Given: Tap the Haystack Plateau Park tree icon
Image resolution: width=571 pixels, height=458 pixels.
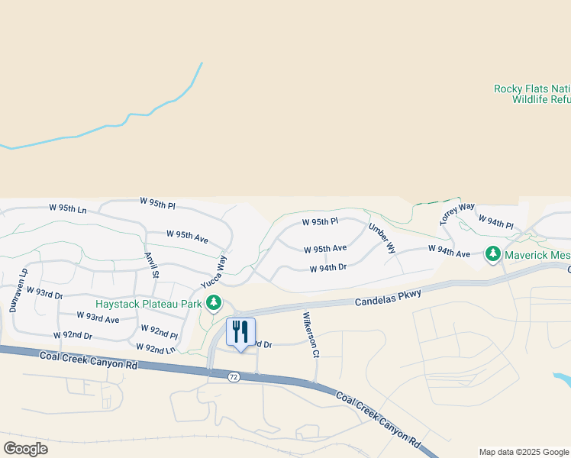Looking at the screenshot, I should (x=214, y=304).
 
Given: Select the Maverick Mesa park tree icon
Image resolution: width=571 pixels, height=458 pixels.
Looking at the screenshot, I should (x=493, y=253).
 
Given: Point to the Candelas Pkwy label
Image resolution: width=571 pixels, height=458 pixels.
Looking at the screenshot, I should (x=388, y=298).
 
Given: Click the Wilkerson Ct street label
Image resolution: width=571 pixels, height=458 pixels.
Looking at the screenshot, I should (x=310, y=334).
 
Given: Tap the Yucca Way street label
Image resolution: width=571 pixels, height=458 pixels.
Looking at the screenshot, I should (x=215, y=271).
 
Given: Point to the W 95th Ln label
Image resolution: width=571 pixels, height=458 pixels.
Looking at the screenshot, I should (x=68, y=208).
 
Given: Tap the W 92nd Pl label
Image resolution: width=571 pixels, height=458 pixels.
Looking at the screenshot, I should (x=159, y=331).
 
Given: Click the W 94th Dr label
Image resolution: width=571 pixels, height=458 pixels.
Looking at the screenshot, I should (x=328, y=268).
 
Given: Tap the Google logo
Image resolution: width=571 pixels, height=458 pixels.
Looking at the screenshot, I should (x=25, y=449).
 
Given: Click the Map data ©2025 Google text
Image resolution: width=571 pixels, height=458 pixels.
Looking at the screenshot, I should (x=524, y=452).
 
